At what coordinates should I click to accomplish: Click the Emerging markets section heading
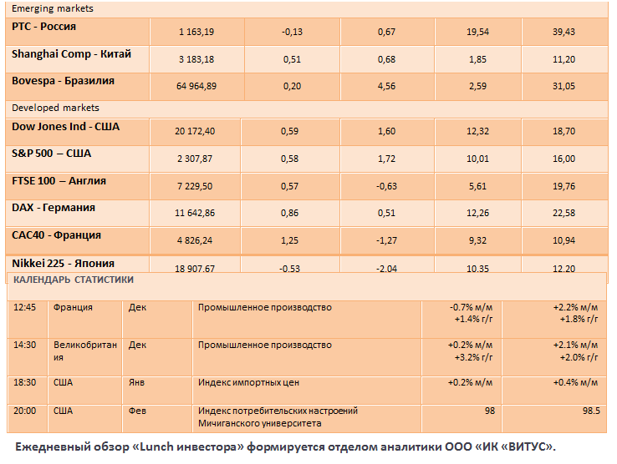click(52, 8)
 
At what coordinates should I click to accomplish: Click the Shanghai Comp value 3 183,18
click(196, 59)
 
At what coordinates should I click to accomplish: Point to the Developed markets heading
click(55, 108)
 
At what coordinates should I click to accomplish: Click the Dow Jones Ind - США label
click(65, 127)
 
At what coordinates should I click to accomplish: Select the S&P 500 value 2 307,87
click(196, 159)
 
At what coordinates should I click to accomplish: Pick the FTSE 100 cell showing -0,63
click(386, 186)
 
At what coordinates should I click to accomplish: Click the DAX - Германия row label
click(54, 207)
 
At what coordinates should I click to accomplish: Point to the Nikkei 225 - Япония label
click(64, 263)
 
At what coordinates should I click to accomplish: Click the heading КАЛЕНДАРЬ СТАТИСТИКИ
click(73, 280)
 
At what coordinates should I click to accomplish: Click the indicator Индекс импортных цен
click(248, 382)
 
